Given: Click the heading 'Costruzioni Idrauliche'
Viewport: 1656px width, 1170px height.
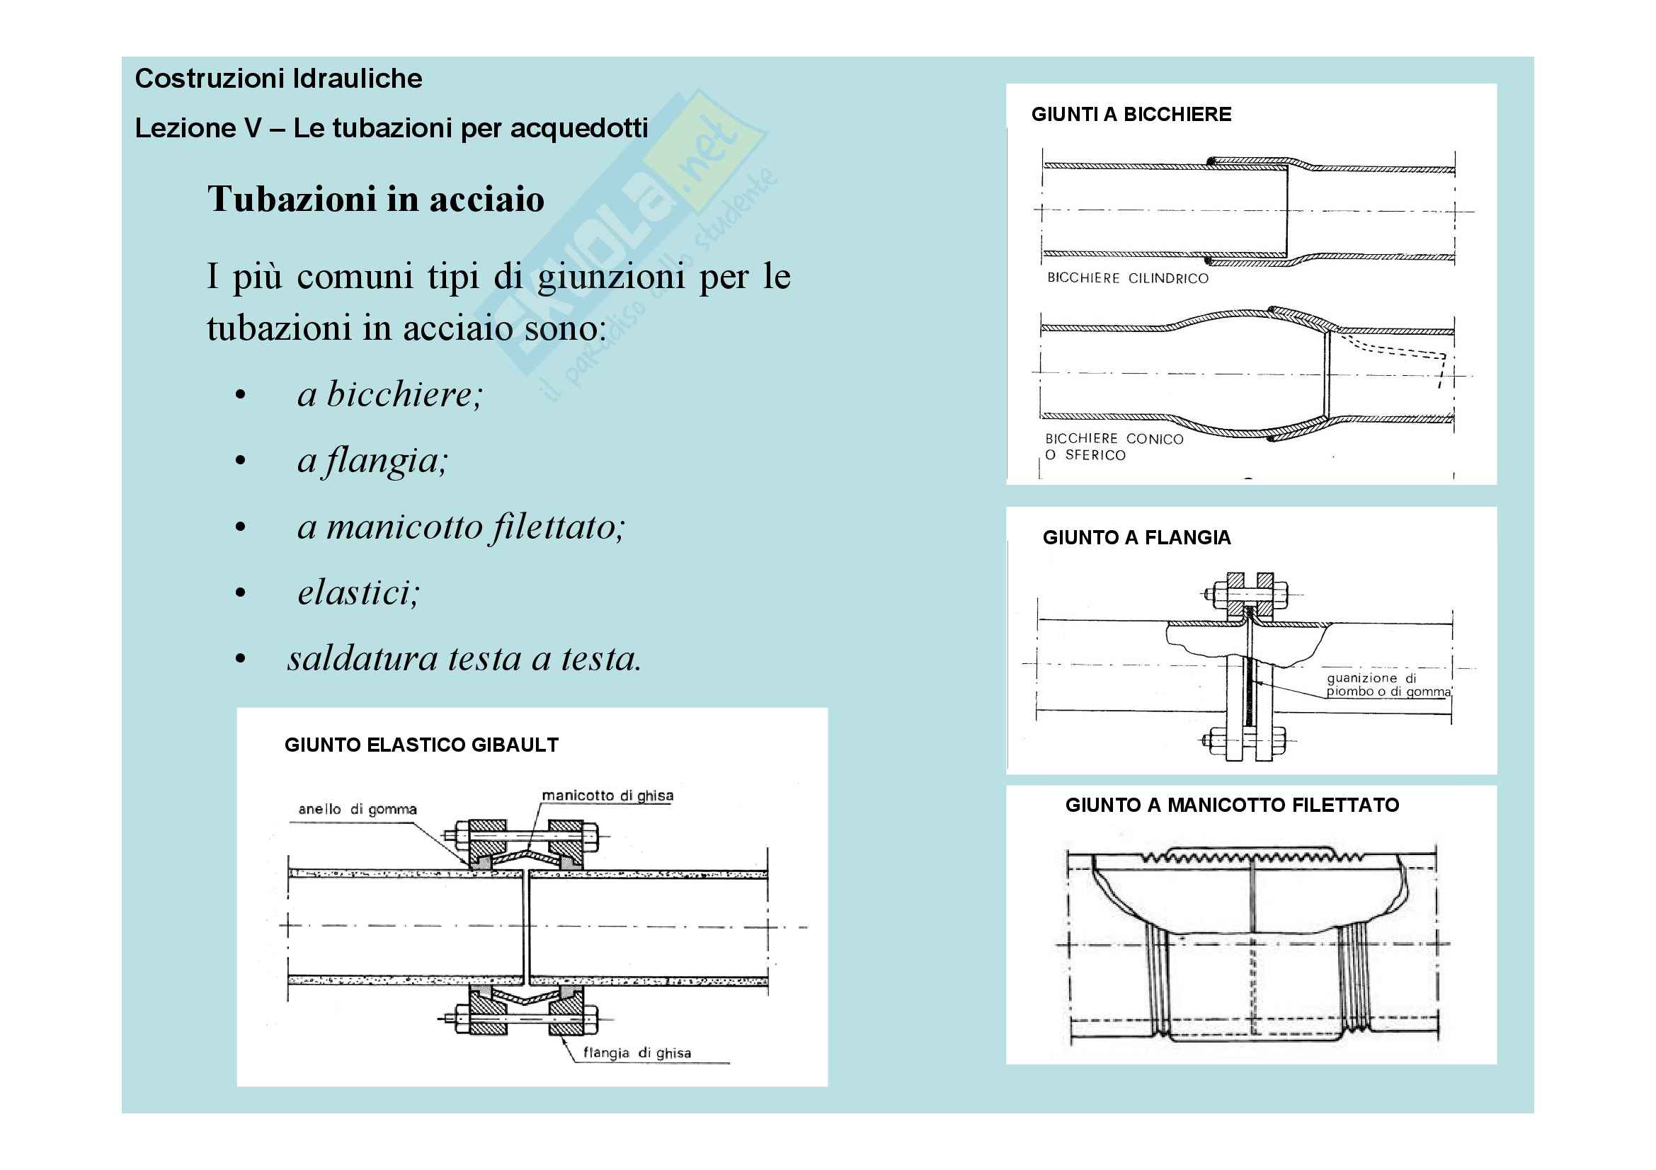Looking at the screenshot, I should [278, 79].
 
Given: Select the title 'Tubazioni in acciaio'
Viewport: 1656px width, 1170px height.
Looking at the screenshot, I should [376, 199].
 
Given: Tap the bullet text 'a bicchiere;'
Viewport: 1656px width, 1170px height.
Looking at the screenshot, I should [389, 394].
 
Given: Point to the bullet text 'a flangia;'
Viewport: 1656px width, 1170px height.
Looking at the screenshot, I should [373, 461].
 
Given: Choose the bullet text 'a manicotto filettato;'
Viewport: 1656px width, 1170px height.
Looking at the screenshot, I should [461, 527].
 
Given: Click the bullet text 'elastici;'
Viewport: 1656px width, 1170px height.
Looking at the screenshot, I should [358, 593].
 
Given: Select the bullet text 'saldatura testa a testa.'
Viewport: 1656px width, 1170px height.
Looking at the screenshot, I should [464, 659].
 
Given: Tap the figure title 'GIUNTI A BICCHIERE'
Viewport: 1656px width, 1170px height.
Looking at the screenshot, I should [1131, 115].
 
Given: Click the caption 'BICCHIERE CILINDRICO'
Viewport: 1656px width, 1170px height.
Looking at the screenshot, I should [1127, 278].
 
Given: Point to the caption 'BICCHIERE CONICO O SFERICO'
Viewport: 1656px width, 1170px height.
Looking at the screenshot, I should [1114, 447].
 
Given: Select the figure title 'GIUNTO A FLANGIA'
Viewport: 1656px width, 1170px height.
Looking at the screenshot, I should [1136, 538].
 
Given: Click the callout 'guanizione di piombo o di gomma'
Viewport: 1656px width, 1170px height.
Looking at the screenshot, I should [1388, 685].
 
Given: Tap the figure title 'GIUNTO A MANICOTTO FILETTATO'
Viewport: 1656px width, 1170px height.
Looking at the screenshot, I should [1232, 805].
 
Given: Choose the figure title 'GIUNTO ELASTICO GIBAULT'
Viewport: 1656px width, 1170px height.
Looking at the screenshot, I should [421, 745].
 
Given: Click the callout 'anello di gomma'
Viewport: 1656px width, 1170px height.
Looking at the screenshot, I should [357, 810].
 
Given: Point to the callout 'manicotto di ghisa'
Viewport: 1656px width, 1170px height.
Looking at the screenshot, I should [607, 796].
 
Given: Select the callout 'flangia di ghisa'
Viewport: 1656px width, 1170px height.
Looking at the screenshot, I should [636, 1053].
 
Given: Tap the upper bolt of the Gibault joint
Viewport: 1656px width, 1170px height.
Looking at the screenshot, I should [526, 836].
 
